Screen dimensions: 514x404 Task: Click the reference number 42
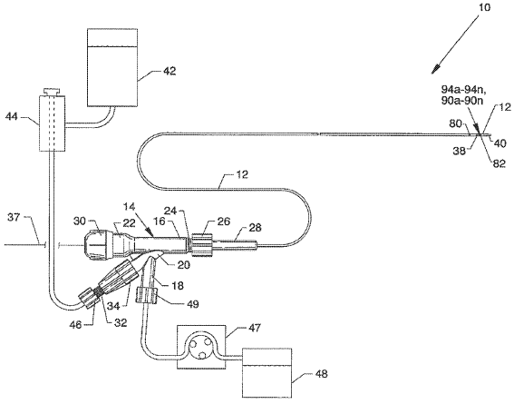[x=170, y=71]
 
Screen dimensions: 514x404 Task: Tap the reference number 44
[x=12, y=116]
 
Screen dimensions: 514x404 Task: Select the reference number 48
[x=321, y=374]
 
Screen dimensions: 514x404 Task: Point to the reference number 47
[x=254, y=328]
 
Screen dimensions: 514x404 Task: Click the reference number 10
[x=484, y=7]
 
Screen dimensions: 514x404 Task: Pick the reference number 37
[x=14, y=217]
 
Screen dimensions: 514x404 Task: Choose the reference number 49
[x=192, y=304]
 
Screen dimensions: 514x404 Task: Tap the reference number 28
[x=256, y=228]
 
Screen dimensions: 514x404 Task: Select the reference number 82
[x=499, y=163]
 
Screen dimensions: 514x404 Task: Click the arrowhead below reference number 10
[x=437, y=69]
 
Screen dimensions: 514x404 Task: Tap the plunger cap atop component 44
[x=52, y=91]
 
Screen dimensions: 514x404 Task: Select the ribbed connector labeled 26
[x=201, y=244]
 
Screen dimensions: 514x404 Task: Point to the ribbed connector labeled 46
[x=88, y=299]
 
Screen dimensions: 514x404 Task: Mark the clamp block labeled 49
[x=147, y=295]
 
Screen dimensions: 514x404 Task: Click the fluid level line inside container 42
[x=112, y=46]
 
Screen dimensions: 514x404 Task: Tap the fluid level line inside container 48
[x=267, y=365]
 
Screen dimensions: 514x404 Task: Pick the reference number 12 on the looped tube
[x=242, y=174]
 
